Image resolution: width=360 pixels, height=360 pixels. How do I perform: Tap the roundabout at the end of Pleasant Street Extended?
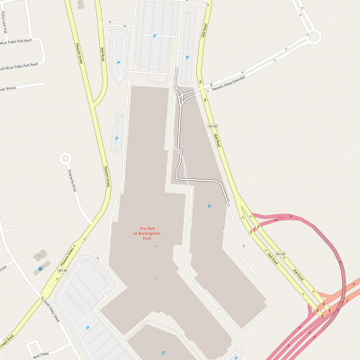(313, 37)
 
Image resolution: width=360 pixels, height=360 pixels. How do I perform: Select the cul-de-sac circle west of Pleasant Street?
(65, 158)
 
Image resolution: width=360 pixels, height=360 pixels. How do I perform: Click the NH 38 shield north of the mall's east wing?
(214, 127)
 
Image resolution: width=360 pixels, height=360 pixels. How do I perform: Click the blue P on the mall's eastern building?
(209, 206)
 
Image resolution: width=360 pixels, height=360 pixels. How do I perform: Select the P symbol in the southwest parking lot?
(87, 327)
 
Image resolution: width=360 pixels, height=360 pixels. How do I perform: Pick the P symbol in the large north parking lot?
(154, 36)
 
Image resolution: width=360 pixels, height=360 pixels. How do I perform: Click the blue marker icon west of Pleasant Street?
(40, 267)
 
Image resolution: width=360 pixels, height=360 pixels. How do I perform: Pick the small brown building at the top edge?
(82, 4)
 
